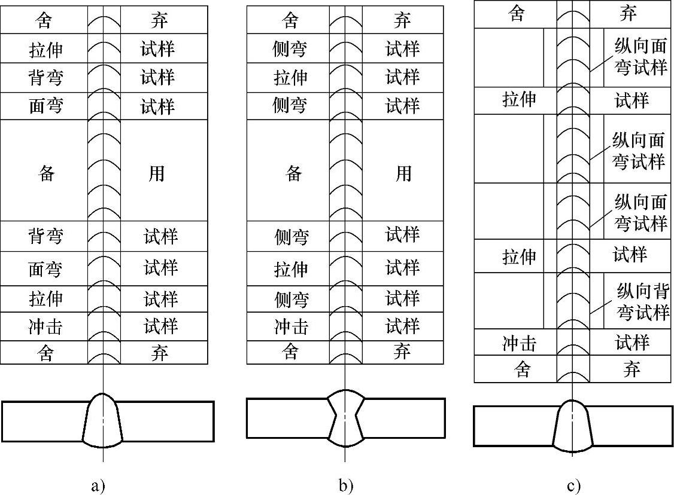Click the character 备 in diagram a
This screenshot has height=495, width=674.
[x=46, y=174]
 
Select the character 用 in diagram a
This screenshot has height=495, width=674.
[x=157, y=174]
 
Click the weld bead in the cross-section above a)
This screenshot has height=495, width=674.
[x=103, y=421]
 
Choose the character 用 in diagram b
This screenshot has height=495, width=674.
[x=403, y=174]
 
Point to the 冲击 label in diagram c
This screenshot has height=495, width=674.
[x=518, y=343]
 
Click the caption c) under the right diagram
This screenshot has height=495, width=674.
[x=573, y=485]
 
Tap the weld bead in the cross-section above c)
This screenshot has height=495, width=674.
[x=573, y=426]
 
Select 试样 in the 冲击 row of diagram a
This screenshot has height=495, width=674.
[x=160, y=326]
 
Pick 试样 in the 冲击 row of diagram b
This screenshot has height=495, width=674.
[x=402, y=326]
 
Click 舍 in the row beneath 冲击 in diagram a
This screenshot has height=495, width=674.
[x=46, y=353]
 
